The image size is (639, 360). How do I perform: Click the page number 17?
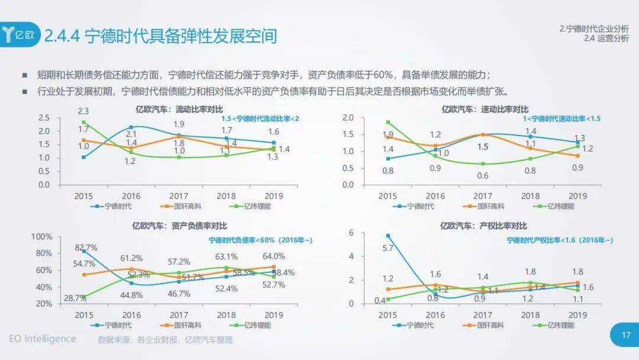[x=626, y=336]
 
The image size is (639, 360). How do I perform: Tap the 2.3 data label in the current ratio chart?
[x=83, y=111]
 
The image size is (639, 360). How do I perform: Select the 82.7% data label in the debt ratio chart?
[x=86, y=247]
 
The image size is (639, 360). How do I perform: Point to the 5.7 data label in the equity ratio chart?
[x=388, y=248]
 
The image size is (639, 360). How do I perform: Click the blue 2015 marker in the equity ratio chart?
[x=388, y=236]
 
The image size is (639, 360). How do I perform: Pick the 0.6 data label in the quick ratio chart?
[x=483, y=175]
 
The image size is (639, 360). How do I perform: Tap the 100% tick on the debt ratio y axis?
[x=41, y=237]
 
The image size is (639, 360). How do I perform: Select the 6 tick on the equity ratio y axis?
[x=367, y=233]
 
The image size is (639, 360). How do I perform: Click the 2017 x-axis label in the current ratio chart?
[x=178, y=196]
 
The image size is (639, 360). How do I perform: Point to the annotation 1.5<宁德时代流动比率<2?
[x=260, y=119]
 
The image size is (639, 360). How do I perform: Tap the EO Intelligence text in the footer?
[x=43, y=339]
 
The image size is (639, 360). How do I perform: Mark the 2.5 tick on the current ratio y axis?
[x=44, y=117]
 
